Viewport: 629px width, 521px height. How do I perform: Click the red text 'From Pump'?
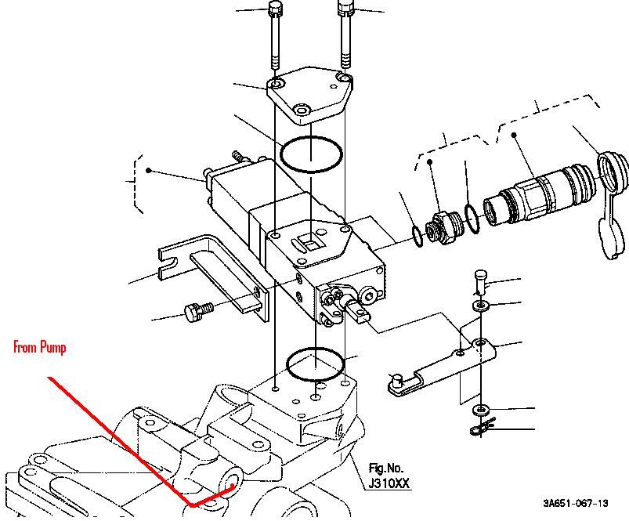[x=40, y=347]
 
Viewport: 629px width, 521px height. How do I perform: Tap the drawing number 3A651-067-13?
[x=576, y=503]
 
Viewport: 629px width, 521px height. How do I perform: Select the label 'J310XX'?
[x=389, y=483]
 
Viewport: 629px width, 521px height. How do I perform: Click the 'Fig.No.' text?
[x=386, y=468]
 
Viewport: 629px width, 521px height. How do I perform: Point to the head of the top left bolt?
[x=275, y=8]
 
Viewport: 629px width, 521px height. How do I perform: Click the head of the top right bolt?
[x=345, y=8]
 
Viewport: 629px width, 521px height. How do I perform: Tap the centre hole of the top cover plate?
[x=302, y=110]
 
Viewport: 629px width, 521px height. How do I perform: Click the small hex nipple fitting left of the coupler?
[x=443, y=227]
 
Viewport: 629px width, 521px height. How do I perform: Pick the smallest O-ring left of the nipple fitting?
[x=418, y=237]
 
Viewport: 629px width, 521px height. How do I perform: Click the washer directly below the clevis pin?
[x=481, y=306]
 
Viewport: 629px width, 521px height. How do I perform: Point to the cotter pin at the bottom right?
[x=483, y=427]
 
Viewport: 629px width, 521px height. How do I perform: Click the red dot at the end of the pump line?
[x=232, y=486]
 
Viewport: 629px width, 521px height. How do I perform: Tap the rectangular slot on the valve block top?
[x=309, y=243]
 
